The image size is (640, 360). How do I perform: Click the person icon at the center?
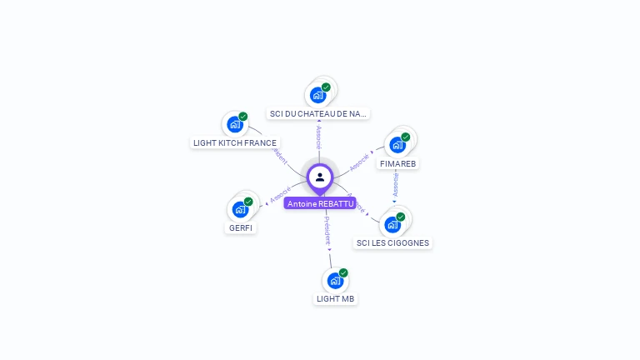click(x=320, y=177)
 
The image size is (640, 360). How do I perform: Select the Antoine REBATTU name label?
click(x=320, y=203)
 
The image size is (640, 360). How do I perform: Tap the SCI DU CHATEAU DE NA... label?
click(x=318, y=113)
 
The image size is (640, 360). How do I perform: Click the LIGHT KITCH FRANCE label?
click(x=235, y=142)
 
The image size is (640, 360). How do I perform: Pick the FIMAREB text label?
click(x=397, y=163)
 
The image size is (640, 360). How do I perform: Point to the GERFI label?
click(x=241, y=227)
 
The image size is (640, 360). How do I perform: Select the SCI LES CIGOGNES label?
click(x=392, y=243)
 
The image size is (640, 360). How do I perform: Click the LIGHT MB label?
click(x=336, y=298)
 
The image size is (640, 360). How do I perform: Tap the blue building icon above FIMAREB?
click(x=397, y=144)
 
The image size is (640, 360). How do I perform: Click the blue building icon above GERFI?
click(x=240, y=208)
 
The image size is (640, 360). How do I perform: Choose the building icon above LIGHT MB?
click(x=335, y=280)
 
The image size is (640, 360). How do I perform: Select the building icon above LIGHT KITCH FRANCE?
click(x=235, y=124)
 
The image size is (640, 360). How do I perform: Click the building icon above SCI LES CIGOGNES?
click(x=392, y=224)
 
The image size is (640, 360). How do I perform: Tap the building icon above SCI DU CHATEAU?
click(x=317, y=94)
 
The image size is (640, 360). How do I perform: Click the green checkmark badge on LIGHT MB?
click(x=343, y=272)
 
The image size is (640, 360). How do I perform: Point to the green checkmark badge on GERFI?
click(x=248, y=202)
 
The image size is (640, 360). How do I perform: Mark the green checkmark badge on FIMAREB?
click(x=406, y=137)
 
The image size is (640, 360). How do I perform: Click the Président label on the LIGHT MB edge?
click(x=327, y=230)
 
